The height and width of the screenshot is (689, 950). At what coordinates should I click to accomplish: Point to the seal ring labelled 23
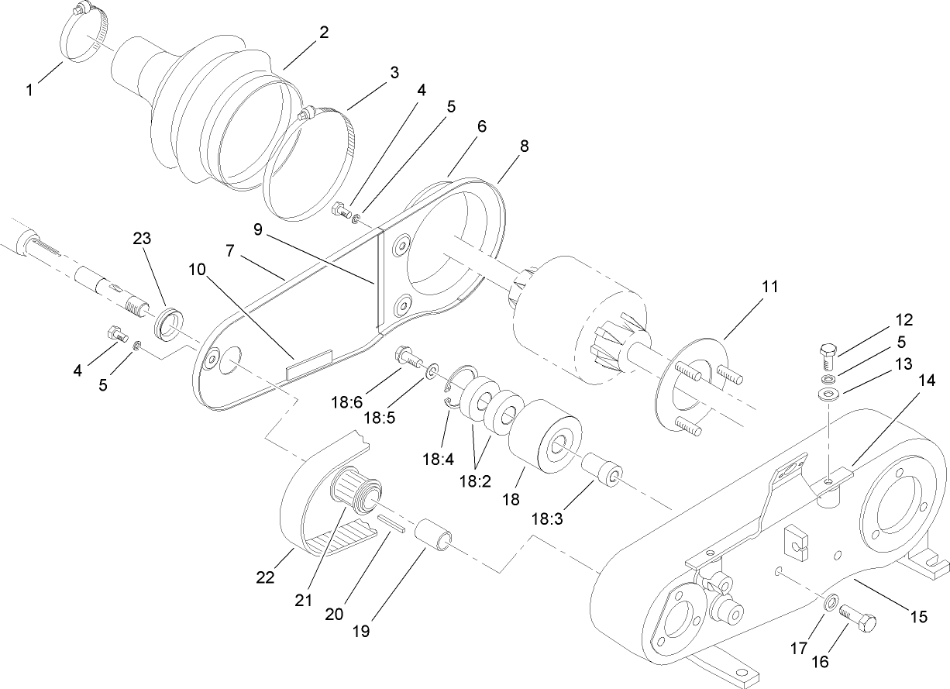coord(167,322)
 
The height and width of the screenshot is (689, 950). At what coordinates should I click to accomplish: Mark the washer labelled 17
coord(831,602)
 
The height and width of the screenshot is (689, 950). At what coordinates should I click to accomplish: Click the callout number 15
coord(918,617)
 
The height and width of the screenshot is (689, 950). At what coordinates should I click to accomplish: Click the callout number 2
coord(323,33)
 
